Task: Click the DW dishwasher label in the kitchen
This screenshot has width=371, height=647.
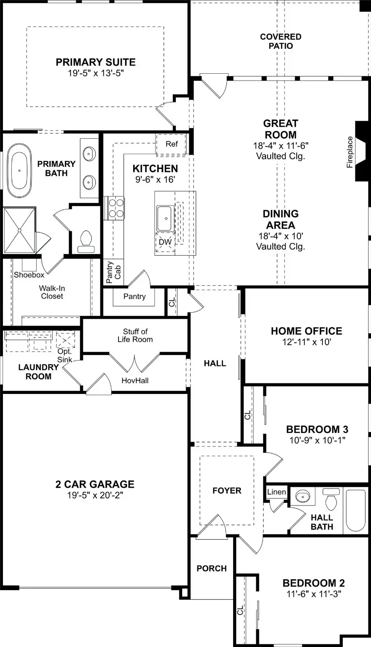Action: [165, 242]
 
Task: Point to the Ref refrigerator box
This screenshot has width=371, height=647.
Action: [172, 144]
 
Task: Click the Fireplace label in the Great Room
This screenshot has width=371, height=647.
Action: [349, 152]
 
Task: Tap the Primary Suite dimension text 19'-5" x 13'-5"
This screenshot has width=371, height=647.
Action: [96, 73]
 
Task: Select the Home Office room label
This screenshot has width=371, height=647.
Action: [306, 331]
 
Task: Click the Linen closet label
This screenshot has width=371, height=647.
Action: [277, 492]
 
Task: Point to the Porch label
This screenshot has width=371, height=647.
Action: [212, 569]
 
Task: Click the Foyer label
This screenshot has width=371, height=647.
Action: [227, 491]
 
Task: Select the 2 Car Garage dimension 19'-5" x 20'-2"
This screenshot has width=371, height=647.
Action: [95, 495]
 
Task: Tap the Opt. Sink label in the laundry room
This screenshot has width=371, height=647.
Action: [65, 356]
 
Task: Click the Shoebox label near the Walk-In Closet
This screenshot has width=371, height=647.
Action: [29, 275]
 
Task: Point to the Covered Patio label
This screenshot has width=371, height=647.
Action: [280, 41]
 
